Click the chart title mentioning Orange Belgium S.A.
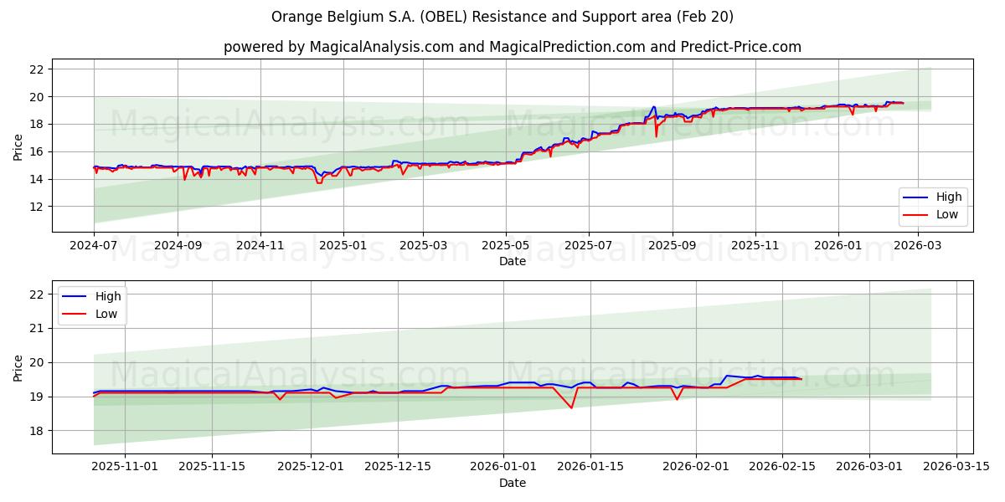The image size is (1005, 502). (x=502, y=17)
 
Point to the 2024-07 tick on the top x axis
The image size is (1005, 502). (x=94, y=247)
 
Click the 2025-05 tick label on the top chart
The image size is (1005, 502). (x=505, y=247)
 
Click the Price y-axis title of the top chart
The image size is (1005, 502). (x=18, y=146)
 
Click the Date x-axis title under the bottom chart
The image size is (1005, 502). (x=512, y=483)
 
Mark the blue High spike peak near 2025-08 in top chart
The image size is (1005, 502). (x=653, y=106)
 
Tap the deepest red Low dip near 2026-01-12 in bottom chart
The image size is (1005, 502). (x=571, y=407)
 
